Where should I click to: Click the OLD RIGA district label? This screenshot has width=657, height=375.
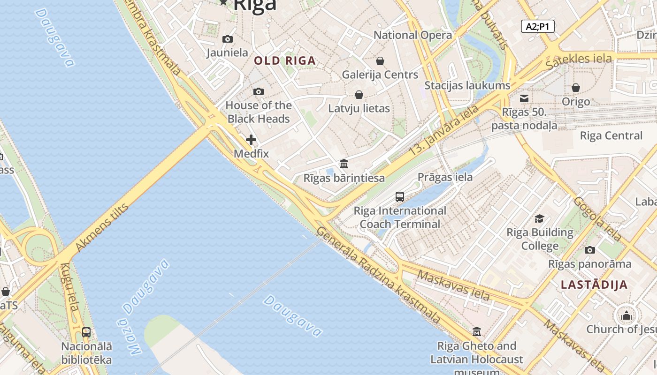[x=285, y=60]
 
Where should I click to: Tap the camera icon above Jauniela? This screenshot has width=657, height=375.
[x=228, y=39]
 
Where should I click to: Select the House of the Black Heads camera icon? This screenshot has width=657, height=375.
[x=259, y=91]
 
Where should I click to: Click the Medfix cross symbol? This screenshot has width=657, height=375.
[x=251, y=140]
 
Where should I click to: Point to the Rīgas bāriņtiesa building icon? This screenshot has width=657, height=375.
[x=344, y=164]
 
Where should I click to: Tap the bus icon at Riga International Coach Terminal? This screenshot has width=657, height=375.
[x=400, y=197]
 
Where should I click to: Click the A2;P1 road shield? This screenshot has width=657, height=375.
[x=537, y=26]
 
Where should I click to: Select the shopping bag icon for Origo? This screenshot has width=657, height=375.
[x=576, y=88]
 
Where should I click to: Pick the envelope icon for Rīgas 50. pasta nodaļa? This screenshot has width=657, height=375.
[x=524, y=98]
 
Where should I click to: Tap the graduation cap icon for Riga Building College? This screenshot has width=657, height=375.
[x=540, y=219]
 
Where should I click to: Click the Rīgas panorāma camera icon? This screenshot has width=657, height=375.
[x=590, y=250]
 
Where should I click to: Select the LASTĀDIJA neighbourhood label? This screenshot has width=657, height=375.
[x=594, y=285]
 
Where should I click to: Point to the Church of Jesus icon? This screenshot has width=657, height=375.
[x=626, y=315]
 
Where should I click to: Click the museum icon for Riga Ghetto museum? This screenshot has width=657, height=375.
[x=477, y=332]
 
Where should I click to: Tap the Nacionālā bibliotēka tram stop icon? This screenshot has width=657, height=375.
[x=86, y=332]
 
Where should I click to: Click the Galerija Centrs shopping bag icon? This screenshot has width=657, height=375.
[x=380, y=61]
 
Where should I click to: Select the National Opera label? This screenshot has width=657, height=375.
[x=413, y=35]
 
